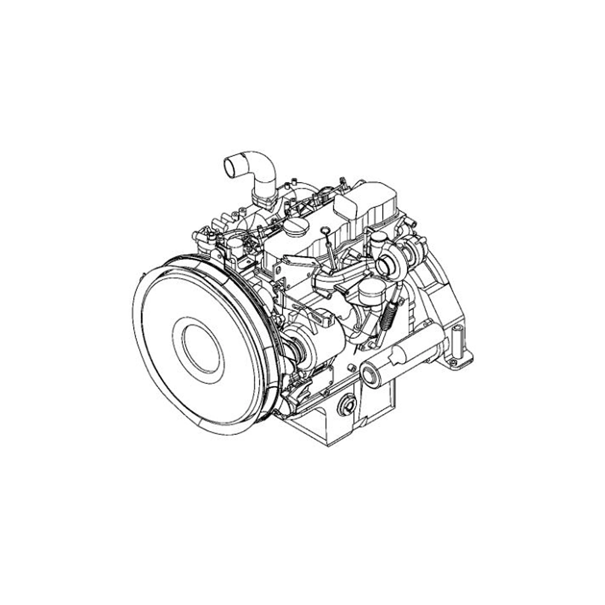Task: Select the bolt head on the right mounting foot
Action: pos(453,361)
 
